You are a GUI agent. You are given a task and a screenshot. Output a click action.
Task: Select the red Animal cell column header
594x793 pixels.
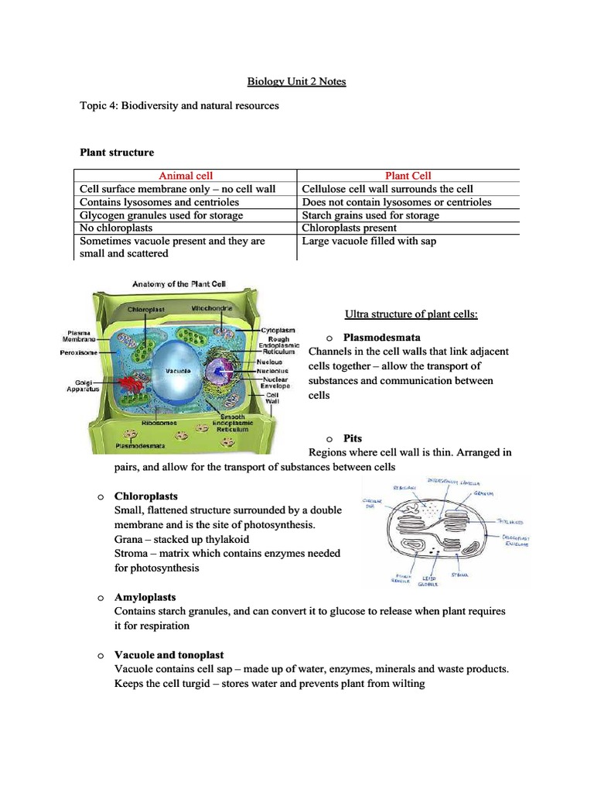pyautogui.click(x=186, y=176)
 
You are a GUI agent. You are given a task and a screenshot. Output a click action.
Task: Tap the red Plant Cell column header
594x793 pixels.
pyautogui.click(x=408, y=176)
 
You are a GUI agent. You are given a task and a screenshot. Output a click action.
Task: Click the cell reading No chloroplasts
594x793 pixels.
pyautogui.click(x=116, y=228)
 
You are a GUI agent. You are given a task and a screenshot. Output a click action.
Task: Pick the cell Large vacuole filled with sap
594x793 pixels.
pyautogui.click(x=369, y=241)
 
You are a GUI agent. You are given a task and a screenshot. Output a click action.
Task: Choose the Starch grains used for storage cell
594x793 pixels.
pyautogui.click(x=370, y=215)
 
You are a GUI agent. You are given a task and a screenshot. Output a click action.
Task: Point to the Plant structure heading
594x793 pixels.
pyautogui.click(x=118, y=153)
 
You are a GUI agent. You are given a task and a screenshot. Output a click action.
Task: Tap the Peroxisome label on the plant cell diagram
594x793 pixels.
pyautogui.click(x=79, y=353)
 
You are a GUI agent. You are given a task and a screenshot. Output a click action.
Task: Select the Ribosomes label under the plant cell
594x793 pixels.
pyautogui.click(x=159, y=424)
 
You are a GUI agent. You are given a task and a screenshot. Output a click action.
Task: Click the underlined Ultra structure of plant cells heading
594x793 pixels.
pyautogui.click(x=411, y=314)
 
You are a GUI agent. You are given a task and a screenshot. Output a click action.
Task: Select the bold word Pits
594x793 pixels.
pyautogui.click(x=353, y=438)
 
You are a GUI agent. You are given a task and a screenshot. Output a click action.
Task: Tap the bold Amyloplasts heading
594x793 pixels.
pyautogui.click(x=145, y=597)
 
